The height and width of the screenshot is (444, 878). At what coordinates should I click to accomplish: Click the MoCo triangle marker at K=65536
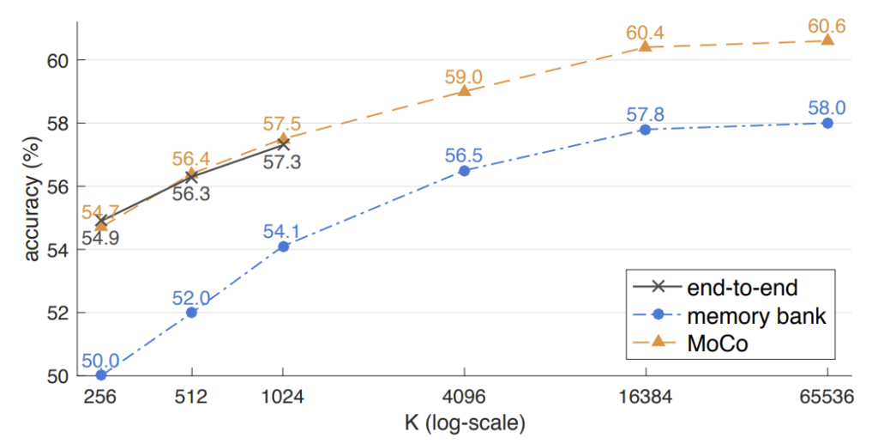point(827,40)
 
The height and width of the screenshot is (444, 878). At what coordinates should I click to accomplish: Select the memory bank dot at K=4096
point(464,170)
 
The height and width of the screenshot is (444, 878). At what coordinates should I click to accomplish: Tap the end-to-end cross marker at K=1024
point(283,144)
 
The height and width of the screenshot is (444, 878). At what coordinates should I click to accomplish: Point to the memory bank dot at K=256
point(101,375)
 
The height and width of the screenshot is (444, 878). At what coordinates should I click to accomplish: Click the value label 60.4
point(645,33)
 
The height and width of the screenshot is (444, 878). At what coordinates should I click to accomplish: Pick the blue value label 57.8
point(645,115)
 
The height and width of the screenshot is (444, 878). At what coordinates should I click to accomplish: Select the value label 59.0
point(464,76)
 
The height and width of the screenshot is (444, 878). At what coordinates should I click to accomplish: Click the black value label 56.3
point(191,193)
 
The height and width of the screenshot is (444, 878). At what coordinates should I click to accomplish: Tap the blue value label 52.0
point(191,297)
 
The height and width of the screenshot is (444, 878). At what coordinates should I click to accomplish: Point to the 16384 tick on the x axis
point(645,398)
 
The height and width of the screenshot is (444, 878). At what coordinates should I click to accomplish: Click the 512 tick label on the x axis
point(191,398)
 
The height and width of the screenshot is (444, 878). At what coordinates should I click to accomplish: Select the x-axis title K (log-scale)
point(464,423)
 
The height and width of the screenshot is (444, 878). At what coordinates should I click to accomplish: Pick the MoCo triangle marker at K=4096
point(464,90)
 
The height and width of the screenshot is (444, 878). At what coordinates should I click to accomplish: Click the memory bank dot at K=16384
point(645,130)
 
